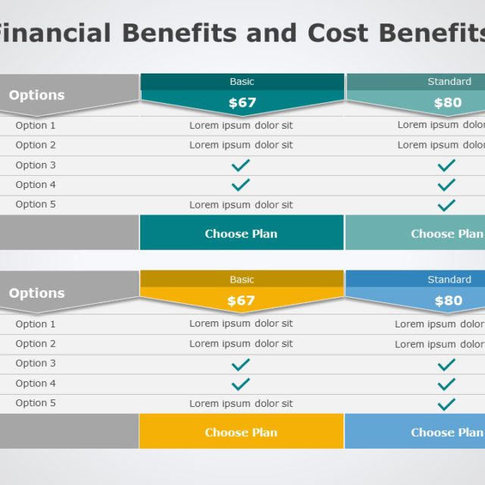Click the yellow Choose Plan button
241,432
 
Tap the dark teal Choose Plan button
241,233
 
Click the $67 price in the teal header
242,102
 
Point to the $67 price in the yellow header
242,301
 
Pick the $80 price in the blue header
448,301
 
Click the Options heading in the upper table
36,95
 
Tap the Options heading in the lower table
36,293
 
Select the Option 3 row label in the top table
36,165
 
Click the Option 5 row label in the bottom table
36,403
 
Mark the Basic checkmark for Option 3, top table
240,165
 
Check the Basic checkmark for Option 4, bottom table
240,383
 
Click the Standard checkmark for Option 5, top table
446,205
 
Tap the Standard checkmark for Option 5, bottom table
446,403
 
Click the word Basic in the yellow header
242,280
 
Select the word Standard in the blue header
449,280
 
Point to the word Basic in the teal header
242,81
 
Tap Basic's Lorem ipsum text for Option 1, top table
241,126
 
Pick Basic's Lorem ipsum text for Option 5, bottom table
241,403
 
